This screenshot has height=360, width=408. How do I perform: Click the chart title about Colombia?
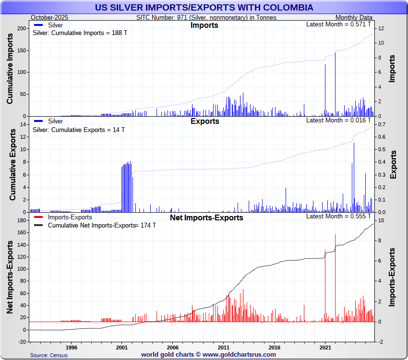pyautogui.click(x=204, y=8)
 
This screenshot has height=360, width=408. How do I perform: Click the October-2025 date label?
pyautogui.click(x=49, y=17)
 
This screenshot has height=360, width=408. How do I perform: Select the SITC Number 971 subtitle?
pyautogui.click(x=206, y=17)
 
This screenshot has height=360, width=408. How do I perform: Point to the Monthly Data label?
pyautogui.click(x=354, y=17)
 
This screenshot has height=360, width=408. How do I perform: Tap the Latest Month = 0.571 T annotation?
pyautogui.click(x=339, y=24)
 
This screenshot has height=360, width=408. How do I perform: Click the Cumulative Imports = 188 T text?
pyautogui.click(x=80, y=33)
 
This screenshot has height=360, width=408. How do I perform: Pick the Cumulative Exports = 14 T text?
pyautogui.click(x=78, y=130)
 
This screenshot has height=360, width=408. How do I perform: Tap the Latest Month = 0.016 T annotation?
pyautogui.click(x=339, y=120)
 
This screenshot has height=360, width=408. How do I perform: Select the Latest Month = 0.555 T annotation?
pyautogui.click(x=339, y=216)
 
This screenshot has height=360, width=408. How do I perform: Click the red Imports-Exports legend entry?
pyautogui.click(x=70, y=217)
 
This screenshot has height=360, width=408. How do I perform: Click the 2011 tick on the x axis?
pyautogui.click(x=223, y=347)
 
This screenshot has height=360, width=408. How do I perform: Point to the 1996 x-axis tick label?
pyautogui.click(x=71, y=347)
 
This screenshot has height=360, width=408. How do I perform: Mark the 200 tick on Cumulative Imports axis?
pyautogui.click(x=22, y=28)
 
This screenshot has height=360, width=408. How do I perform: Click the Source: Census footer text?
pyautogui.click(x=49, y=355)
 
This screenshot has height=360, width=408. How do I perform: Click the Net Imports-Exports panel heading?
pyautogui.click(x=206, y=218)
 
